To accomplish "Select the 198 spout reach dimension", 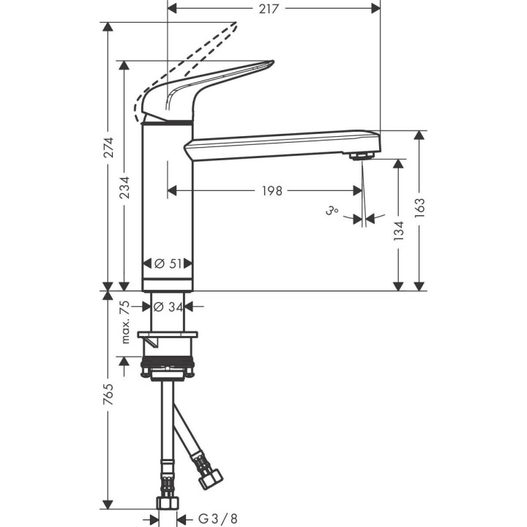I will [272, 191].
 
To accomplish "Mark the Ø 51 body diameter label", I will [169, 263].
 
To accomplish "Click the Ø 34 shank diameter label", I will [169, 307].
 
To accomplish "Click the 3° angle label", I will [333, 212].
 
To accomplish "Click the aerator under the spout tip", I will [360, 155].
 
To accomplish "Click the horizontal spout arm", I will [278, 143].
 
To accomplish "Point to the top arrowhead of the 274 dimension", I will [108, 26].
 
